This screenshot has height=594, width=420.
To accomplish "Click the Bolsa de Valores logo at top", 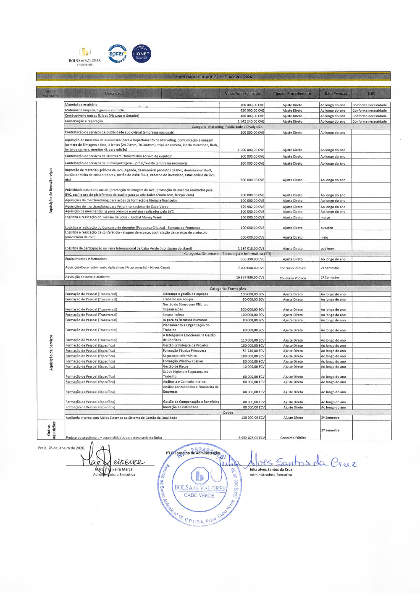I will (x=85, y=55).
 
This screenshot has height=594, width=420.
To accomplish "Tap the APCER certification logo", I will (x=117, y=54).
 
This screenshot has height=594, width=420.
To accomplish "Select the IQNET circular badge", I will (x=142, y=54).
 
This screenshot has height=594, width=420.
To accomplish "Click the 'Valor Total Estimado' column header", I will (x=242, y=94).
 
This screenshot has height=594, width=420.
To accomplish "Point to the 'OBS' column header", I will (x=371, y=94).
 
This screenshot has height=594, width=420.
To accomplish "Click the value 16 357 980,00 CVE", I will (x=250, y=278).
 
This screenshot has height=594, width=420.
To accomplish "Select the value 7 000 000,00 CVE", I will (x=251, y=268).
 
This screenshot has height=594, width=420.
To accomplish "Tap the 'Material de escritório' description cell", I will (x=81, y=105).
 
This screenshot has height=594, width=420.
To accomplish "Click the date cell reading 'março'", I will (x=325, y=218).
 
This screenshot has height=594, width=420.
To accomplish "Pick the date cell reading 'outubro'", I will (x=327, y=228).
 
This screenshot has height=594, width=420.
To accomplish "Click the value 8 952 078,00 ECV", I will (x=252, y=438).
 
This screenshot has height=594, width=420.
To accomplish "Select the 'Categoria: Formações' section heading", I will (x=228, y=289).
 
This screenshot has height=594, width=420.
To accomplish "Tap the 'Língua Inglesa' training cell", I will (x=173, y=315).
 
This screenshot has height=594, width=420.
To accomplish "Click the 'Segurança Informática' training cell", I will (x=180, y=356).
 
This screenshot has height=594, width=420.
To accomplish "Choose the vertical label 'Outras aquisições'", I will (x=51, y=429).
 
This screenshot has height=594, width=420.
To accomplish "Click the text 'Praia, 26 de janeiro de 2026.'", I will (x=61, y=448).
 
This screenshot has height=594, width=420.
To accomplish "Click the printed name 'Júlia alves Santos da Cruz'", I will (x=270, y=469).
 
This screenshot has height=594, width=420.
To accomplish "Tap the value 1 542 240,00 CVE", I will (x=251, y=121).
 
